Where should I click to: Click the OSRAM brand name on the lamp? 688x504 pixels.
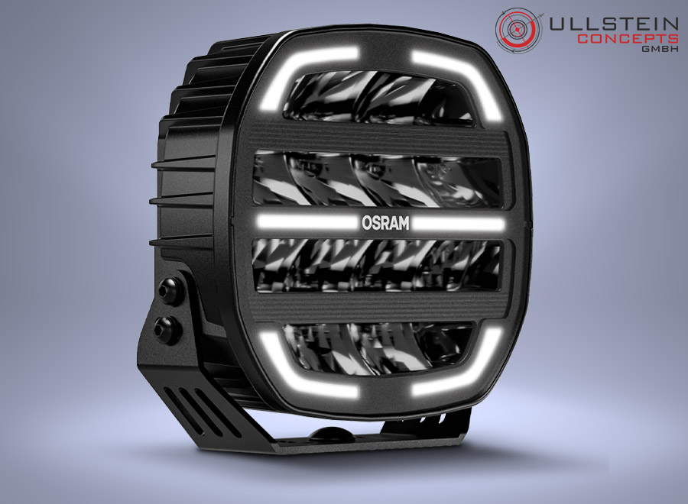pos(385,223)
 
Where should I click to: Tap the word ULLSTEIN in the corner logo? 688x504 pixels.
pos(614,24)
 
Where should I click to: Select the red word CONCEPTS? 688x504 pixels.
pos(628,38)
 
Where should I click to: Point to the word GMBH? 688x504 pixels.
pos(660,49)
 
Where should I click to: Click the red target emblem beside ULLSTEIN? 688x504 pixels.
pos(519,31)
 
